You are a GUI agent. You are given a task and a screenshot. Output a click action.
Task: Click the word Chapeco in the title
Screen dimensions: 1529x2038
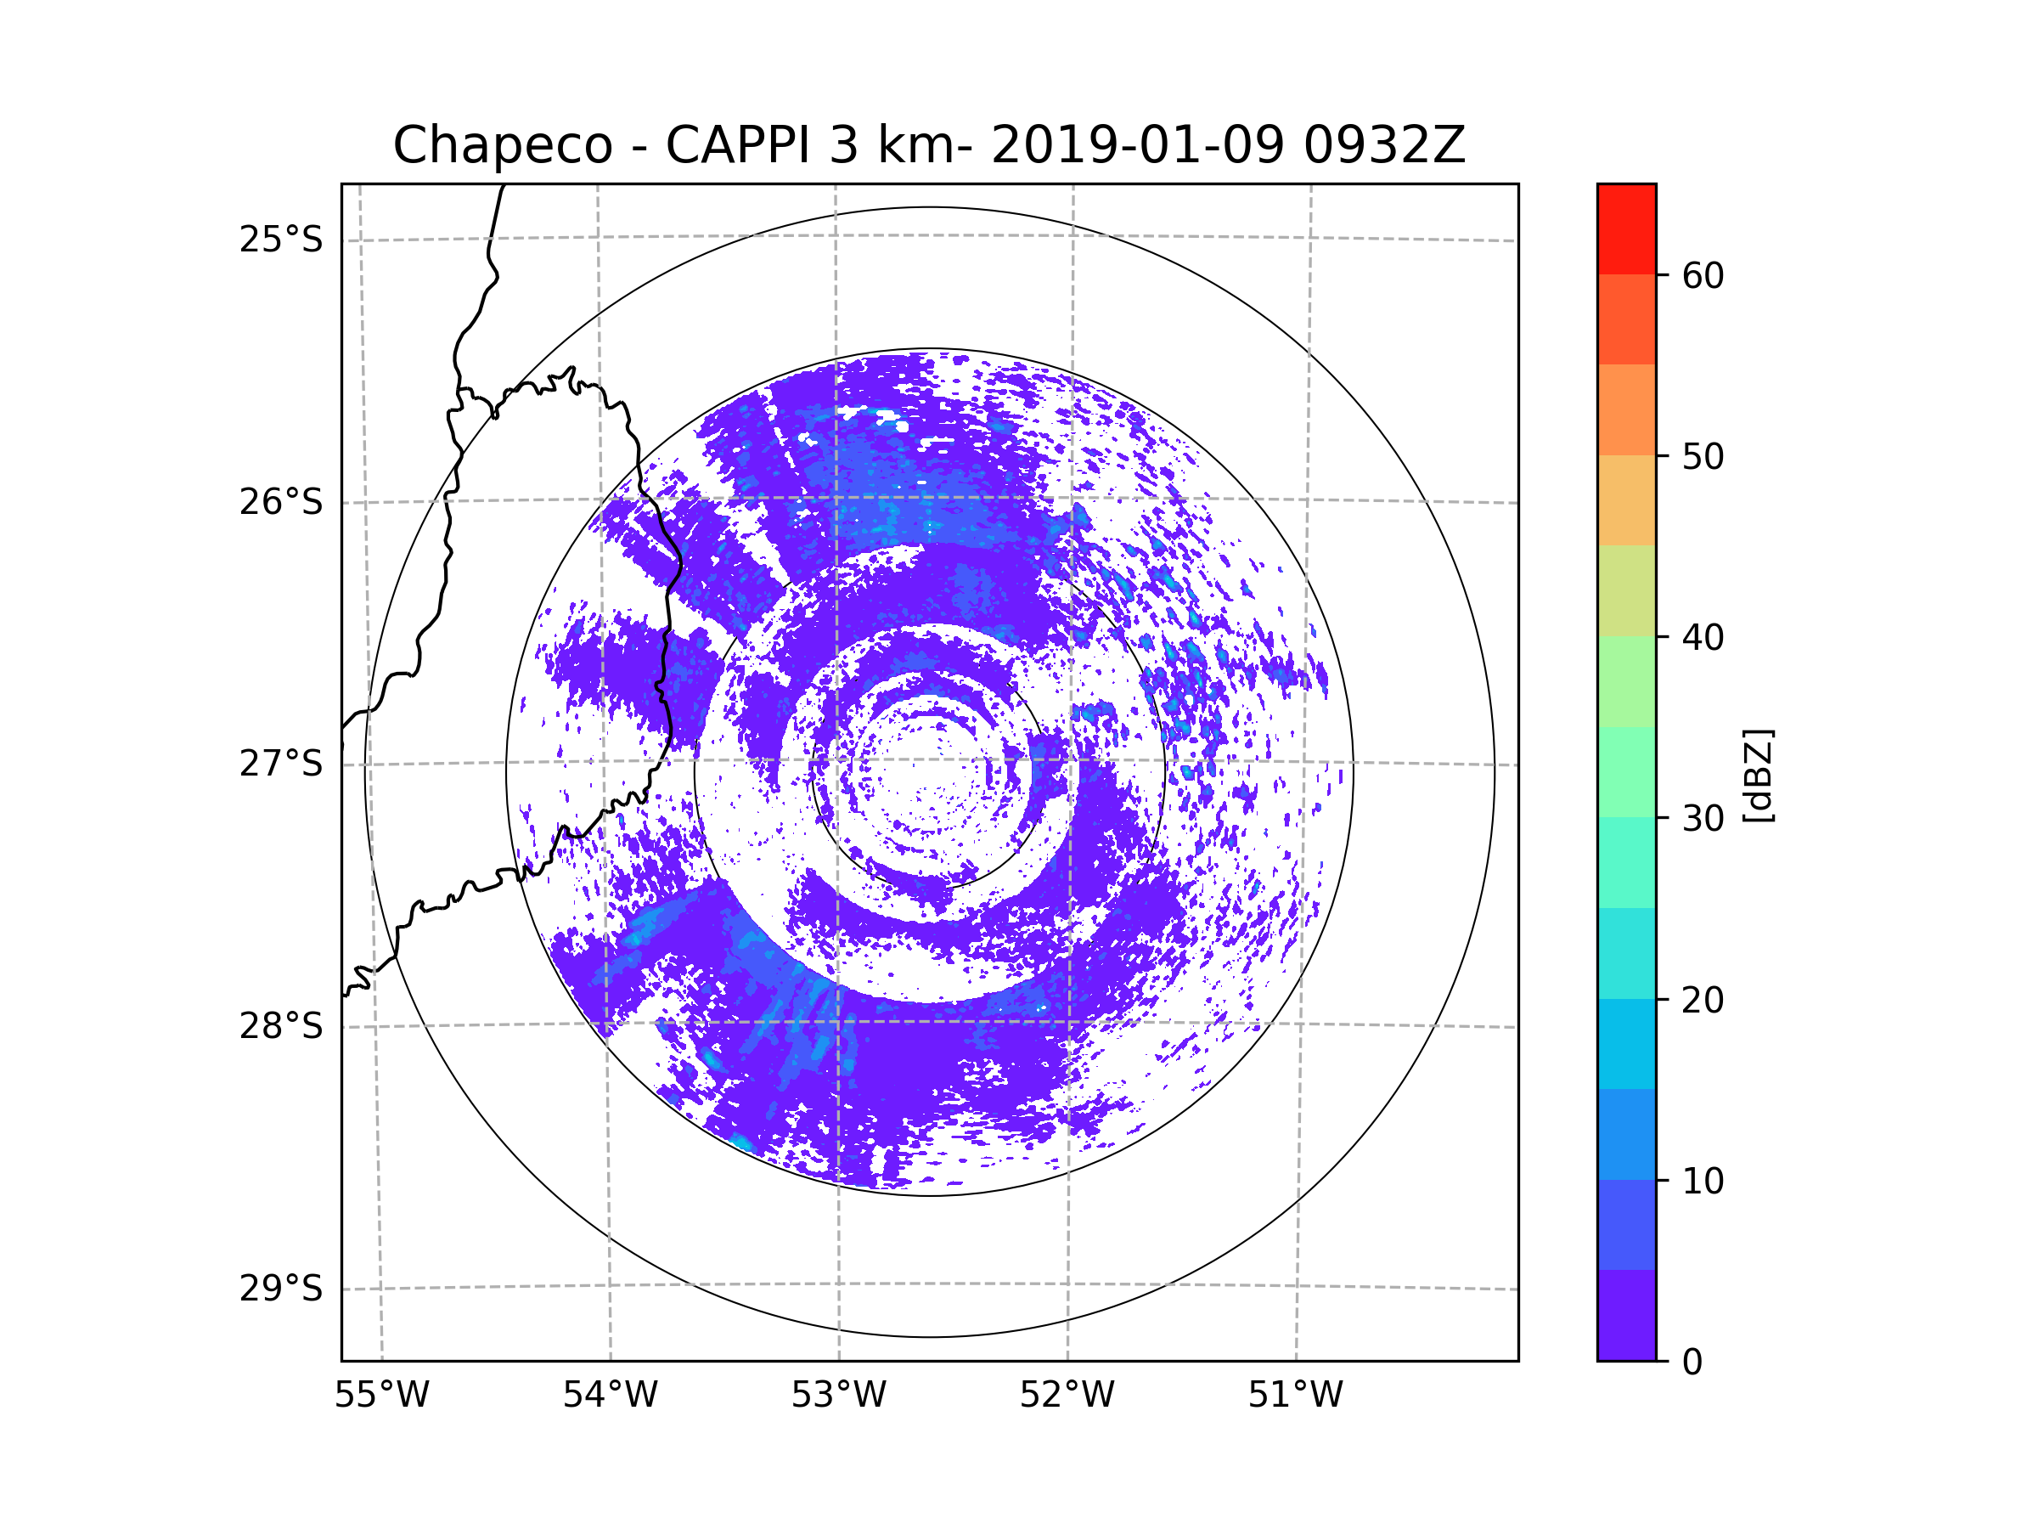pos(502,145)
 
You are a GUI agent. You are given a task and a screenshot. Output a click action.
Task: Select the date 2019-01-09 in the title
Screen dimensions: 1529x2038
pos(1137,145)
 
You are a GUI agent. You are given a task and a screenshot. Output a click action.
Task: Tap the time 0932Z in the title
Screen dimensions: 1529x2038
pos(1384,145)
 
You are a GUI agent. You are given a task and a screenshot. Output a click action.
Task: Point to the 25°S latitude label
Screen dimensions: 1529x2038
pos(281,240)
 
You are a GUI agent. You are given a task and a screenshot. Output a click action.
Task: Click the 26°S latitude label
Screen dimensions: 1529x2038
pos(281,502)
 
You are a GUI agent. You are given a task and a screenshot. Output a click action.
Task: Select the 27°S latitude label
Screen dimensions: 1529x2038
pos(281,764)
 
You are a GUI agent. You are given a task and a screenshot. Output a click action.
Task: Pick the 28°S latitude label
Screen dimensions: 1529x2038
pos(281,1026)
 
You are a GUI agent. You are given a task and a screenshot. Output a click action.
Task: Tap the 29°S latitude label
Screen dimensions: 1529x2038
pos(281,1289)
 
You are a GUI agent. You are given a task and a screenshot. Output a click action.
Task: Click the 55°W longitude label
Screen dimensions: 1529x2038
pos(381,1396)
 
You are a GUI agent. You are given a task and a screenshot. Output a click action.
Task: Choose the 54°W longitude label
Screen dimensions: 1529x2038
pos(610,1396)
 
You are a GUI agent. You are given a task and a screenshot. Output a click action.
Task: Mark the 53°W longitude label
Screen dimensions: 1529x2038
pos(838,1396)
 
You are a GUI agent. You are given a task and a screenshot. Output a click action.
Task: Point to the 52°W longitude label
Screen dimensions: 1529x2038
pos(1067,1396)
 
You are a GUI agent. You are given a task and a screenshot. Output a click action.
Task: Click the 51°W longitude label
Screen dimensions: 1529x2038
pos(1295,1396)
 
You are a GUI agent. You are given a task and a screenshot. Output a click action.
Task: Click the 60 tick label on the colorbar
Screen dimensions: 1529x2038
pos(1703,275)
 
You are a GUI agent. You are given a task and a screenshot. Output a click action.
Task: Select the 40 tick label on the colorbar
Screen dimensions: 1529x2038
pos(1703,638)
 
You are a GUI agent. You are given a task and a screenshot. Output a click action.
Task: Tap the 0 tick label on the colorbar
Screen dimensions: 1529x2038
pos(1692,1363)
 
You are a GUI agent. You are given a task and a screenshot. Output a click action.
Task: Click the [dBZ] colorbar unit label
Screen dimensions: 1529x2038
pos(1758,775)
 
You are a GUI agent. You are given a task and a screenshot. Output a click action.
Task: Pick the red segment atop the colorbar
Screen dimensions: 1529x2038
pos(1626,229)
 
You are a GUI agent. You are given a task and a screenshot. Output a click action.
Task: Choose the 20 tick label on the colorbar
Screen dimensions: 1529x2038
pos(1703,1000)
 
